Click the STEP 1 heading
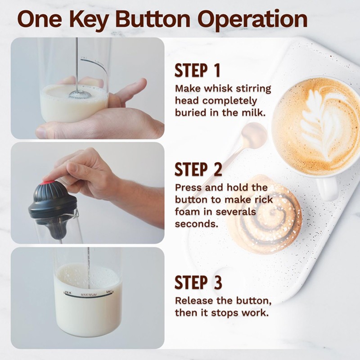[x=198, y=71]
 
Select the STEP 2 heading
[x=198, y=170]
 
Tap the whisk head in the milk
[x=80, y=94]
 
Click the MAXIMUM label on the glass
[x=89, y=295]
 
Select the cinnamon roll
[x=264, y=214]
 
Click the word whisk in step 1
[x=218, y=89]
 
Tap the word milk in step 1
[x=254, y=113]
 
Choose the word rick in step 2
[x=264, y=199]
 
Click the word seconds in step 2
[x=197, y=224]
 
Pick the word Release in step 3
[x=194, y=301]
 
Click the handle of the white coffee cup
[x=327, y=188]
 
